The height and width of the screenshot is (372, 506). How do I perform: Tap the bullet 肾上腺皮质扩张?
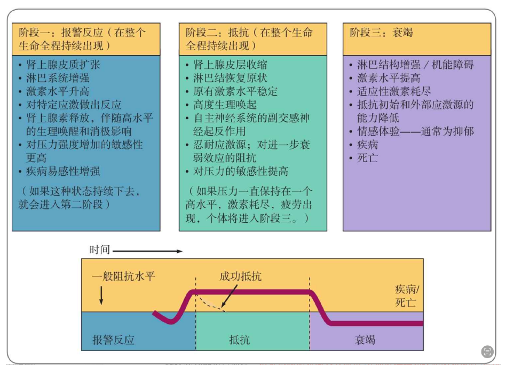(63, 65)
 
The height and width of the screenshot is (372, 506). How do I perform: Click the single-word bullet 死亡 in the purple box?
(368, 158)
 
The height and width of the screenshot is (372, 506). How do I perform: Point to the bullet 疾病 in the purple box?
(368, 145)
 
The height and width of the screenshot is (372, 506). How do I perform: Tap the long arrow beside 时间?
(147, 250)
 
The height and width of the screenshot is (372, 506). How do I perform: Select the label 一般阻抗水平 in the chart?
(124, 276)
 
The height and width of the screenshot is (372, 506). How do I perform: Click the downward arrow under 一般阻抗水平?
(101, 296)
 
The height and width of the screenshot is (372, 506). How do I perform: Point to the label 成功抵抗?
(241, 276)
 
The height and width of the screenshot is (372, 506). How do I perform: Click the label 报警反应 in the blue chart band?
(113, 339)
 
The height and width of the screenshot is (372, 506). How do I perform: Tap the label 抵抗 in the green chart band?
(238, 339)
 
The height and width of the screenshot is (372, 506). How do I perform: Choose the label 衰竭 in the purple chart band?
(365, 339)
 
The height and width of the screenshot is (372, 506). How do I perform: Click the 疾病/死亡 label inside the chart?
(407, 296)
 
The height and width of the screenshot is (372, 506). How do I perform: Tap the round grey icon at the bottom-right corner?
(487, 351)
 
